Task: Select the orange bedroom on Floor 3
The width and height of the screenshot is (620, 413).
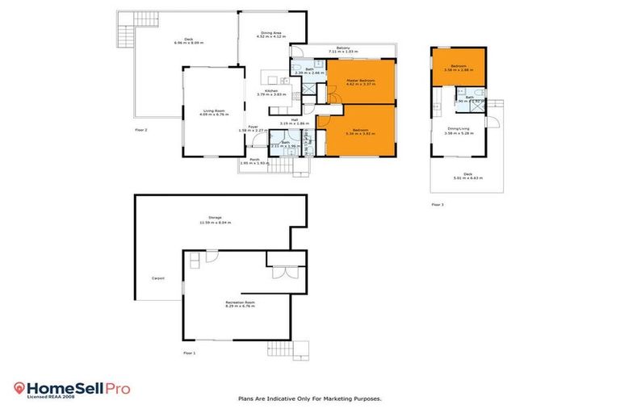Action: [459, 69]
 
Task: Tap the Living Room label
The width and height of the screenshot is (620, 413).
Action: [213, 111]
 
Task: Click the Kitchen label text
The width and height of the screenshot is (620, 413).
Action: [271, 91]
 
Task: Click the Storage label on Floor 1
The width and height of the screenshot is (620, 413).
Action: [214, 217]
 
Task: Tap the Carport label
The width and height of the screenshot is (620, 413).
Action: [158, 278]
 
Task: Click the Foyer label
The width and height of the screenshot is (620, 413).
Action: [252, 126]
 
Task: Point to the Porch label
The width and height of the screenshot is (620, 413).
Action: [253, 158]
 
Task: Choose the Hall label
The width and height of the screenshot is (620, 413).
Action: [295, 119]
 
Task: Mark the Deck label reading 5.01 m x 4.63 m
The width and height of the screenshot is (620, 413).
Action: [467, 175]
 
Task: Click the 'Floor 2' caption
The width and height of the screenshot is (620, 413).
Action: [140, 128]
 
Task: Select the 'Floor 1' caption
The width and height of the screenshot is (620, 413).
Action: [189, 353]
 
